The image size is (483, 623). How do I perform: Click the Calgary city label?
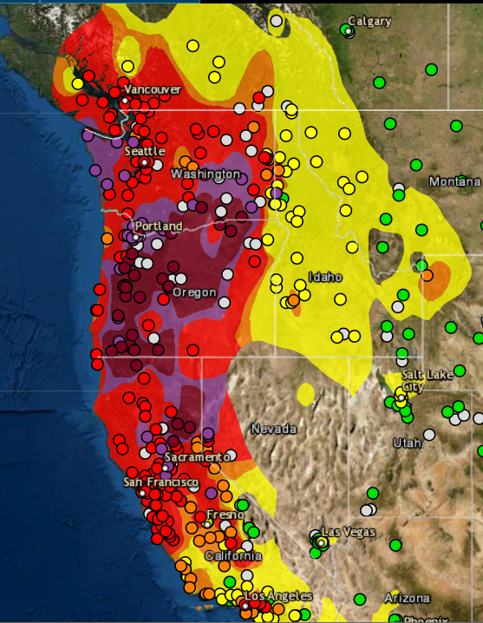369,21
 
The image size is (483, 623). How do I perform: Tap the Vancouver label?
153,89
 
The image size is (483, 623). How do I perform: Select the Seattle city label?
144,151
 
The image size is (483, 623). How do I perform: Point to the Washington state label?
206,174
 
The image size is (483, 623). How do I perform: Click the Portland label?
159,226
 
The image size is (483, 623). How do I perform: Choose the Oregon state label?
194,292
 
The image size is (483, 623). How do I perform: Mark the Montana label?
454,181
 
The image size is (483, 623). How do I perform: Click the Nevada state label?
273,429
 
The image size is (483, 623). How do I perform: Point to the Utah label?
407,443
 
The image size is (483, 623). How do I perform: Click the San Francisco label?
160,482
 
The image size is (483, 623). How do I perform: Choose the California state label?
232,555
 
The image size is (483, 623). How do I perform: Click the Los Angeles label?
277,597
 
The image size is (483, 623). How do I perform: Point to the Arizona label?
407,599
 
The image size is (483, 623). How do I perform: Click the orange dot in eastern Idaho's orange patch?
427,276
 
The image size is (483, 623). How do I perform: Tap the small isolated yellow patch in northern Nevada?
305,395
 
